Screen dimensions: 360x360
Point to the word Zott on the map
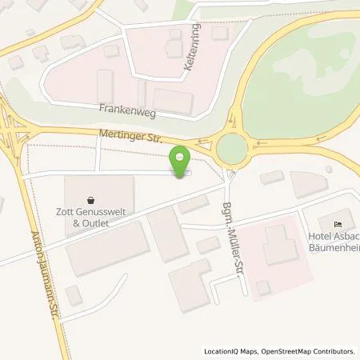click(74, 213)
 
